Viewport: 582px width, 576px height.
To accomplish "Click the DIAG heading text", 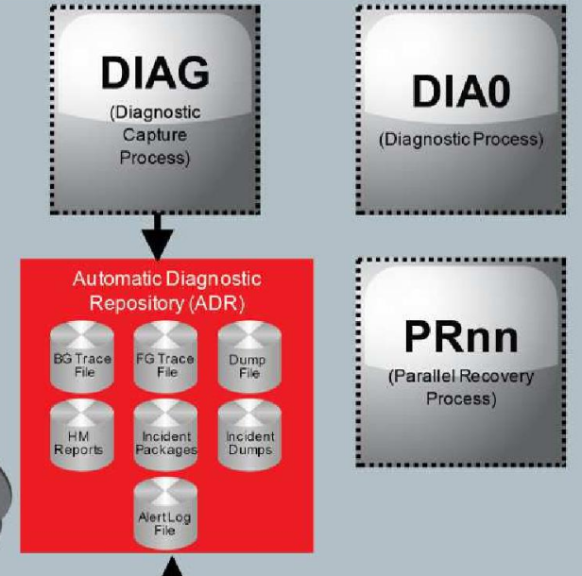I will [x=155, y=74].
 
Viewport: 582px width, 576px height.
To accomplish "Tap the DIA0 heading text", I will [x=460, y=93].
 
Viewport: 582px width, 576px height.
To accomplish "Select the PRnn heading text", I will [x=460, y=337].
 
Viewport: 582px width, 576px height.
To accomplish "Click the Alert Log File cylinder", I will [x=166, y=515].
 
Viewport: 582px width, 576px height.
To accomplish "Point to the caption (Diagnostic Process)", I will [x=460, y=140].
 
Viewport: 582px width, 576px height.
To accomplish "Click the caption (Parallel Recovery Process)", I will [x=460, y=387].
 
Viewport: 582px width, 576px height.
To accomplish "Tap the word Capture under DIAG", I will [x=154, y=135].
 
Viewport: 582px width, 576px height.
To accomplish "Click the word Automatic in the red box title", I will [x=110, y=280].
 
